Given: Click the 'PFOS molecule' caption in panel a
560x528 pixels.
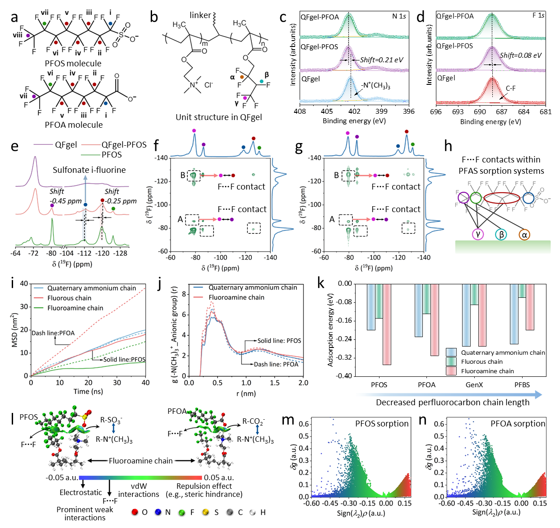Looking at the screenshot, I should click(x=73, y=64).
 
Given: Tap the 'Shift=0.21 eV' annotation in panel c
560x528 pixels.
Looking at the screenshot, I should click(x=381, y=60).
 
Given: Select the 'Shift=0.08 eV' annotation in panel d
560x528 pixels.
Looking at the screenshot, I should click(x=520, y=56).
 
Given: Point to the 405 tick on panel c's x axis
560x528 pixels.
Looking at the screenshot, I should click(x=327, y=111).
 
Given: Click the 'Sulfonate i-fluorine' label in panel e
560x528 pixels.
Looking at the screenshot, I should click(x=89, y=170).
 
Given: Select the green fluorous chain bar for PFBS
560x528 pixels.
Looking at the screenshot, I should click(x=522, y=291).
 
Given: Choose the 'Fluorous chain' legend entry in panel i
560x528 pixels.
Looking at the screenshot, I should click(x=69, y=298).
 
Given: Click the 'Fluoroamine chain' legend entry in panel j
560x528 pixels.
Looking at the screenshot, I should click(x=236, y=297).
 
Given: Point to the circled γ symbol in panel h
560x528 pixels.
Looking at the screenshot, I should click(x=477, y=234).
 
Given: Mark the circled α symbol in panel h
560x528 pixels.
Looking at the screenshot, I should click(x=524, y=234).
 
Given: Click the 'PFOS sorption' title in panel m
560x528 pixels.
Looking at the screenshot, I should click(x=382, y=424).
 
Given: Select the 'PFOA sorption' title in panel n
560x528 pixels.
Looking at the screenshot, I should click(x=518, y=424).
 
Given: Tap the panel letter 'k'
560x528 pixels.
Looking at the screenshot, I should click(x=321, y=284).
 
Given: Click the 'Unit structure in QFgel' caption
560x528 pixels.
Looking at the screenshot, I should click(x=218, y=117).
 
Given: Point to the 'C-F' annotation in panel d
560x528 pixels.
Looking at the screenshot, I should click(x=511, y=89).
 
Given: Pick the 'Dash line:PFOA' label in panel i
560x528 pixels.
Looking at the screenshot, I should click(x=53, y=333).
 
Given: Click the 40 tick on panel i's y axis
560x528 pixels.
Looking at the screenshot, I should click(x=24, y=284).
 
